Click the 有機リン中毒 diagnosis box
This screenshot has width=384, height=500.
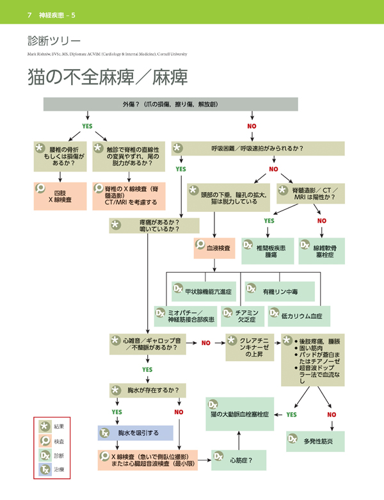click(281, 291)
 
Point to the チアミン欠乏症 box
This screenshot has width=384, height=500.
click(237, 316)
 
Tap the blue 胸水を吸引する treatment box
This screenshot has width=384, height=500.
click(135, 433)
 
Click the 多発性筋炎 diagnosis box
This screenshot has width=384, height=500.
click(316, 442)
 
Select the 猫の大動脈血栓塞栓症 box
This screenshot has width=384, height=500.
click(239, 413)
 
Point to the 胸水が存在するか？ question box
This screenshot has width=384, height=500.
click(147, 389)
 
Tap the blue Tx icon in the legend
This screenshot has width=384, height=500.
click(45, 471)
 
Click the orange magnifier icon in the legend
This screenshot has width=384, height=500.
click(45, 440)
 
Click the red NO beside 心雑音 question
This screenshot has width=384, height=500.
click(205, 343)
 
